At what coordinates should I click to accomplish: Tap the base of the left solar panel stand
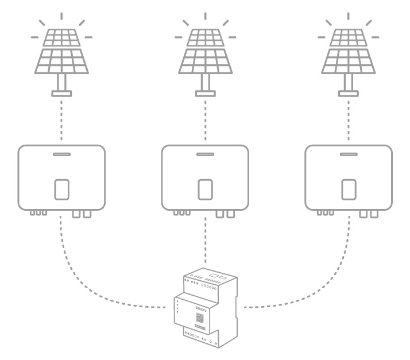click(62, 94)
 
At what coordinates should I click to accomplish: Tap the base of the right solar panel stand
click(348, 94)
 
